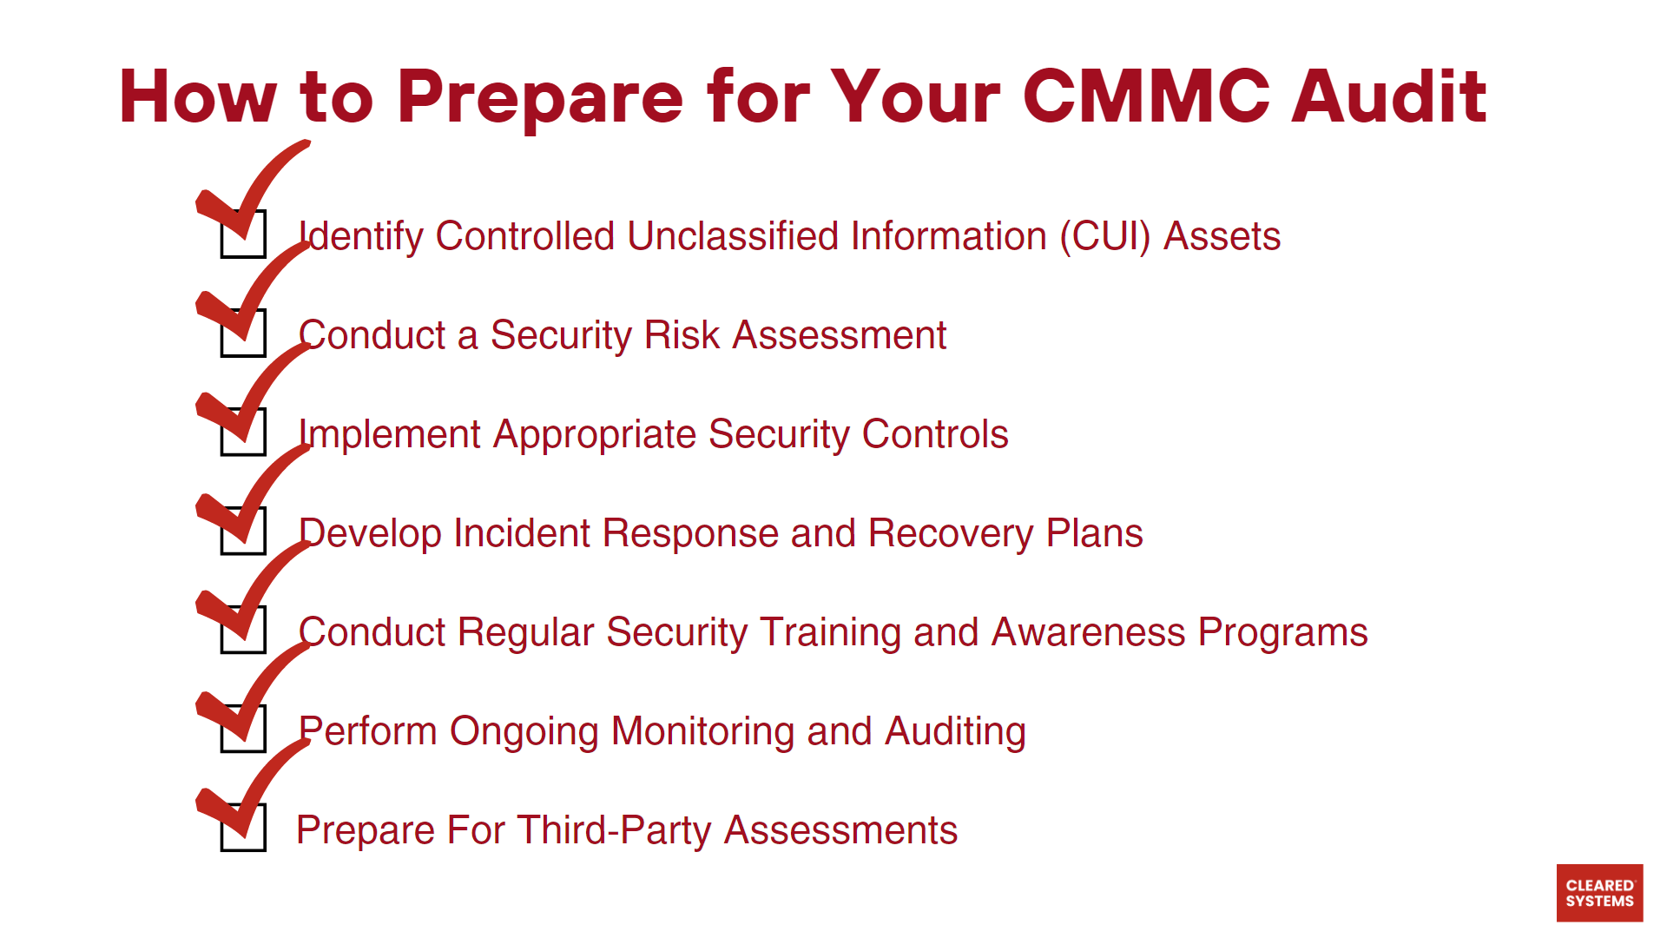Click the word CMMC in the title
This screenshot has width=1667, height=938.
tap(1146, 96)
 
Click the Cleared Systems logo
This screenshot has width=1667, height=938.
tap(1599, 893)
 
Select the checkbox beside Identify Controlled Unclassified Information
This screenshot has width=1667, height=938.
tap(243, 234)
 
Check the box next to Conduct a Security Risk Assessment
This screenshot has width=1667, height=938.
tap(243, 334)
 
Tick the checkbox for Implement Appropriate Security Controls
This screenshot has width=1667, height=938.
tap(243, 433)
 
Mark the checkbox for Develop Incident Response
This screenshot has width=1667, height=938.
tap(243, 532)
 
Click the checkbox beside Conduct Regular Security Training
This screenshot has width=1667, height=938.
tap(243, 631)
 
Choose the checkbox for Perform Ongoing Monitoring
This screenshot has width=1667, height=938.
tap(243, 730)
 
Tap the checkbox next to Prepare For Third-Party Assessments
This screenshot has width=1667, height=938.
tap(243, 829)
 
